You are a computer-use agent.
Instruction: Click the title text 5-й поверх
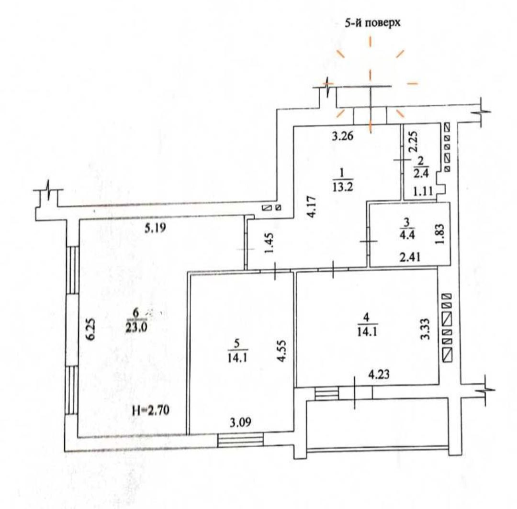pyautogui.click(x=372, y=23)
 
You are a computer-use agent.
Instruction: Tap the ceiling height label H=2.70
pyautogui.click(x=151, y=410)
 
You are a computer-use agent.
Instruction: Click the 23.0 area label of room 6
pyautogui.click(x=136, y=328)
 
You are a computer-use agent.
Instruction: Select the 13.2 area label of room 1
pyautogui.click(x=343, y=187)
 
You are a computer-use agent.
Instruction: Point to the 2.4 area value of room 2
pyautogui.click(x=421, y=173)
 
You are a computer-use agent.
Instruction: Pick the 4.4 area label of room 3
pyautogui.click(x=407, y=235)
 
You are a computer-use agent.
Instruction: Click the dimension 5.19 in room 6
pyautogui.click(x=155, y=228)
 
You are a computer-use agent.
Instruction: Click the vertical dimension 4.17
pyautogui.click(x=312, y=206)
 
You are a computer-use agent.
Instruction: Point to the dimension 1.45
pyautogui.click(x=269, y=243)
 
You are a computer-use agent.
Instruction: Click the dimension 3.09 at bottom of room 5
pyautogui.click(x=240, y=422)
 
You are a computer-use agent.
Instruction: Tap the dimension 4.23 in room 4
pyautogui.click(x=379, y=374)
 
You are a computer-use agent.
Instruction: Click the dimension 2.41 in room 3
pyautogui.click(x=410, y=256)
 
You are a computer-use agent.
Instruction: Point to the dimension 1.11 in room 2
pyautogui.click(x=423, y=191)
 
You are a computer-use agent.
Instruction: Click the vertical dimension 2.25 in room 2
pyautogui.click(x=414, y=141)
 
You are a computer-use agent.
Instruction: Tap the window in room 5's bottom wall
pyautogui.click(x=241, y=440)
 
